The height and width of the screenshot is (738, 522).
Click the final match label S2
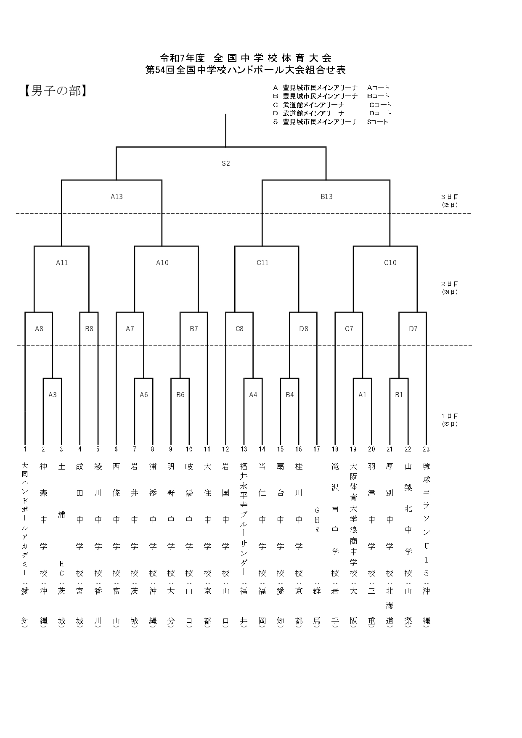click(226, 163)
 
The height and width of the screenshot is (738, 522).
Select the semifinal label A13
click(117, 196)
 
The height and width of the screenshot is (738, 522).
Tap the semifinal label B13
click(326, 196)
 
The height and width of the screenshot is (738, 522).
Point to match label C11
click(262, 263)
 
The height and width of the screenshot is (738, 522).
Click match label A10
click(162, 263)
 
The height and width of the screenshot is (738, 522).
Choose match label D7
click(413, 329)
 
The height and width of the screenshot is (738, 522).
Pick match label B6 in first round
click(180, 395)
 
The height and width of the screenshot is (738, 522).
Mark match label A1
click(363, 395)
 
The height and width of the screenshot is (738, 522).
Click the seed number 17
click(317, 449)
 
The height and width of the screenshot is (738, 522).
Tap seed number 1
click(25, 449)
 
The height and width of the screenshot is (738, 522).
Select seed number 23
click(426, 449)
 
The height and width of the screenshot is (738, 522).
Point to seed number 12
click(226, 449)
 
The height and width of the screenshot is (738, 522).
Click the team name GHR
click(317, 520)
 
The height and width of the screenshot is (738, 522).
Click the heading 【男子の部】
click(56, 91)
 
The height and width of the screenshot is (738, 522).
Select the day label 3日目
click(450, 196)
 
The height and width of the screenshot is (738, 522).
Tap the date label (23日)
click(450, 424)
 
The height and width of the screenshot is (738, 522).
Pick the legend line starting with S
click(331, 122)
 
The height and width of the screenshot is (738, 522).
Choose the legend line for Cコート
click(332, 105)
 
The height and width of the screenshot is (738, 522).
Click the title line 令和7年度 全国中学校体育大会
click(246, 58)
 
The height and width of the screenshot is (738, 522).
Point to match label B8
click(89, 329)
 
